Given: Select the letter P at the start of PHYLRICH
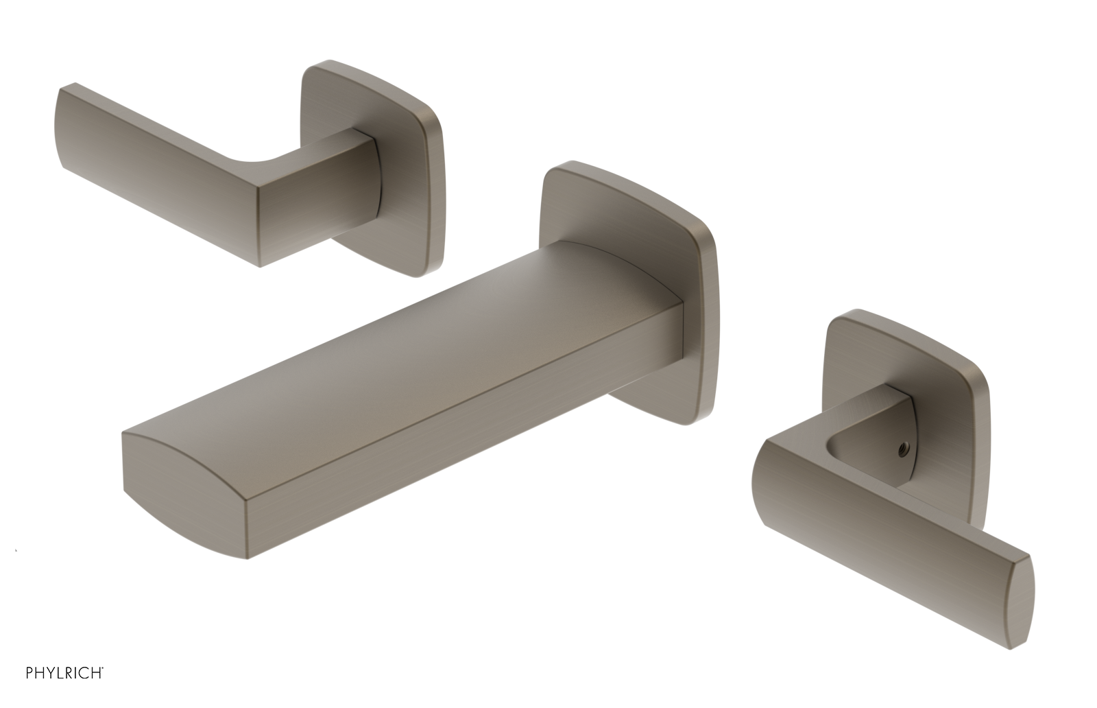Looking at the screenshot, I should (29, 672).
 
